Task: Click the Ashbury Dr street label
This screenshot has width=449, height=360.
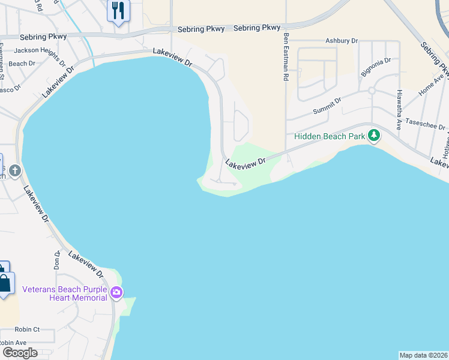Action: coord(341,41)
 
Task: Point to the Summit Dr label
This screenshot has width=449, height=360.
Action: coord(327,106)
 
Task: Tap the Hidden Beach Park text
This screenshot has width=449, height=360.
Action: coord(330,136)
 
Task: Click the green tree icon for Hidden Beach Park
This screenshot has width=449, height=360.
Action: coord(375,136)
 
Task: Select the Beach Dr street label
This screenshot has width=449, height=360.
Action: coord(22,64)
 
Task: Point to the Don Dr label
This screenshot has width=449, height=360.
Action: coord(57,259)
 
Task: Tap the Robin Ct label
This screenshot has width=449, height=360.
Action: coord(27,329)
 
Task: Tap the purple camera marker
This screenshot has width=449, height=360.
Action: coord(116,293)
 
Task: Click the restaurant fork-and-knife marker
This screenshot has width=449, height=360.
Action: coord(118,11)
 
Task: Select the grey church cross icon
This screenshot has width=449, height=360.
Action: coord(14,171)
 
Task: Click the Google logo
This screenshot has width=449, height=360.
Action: coord(19,353)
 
